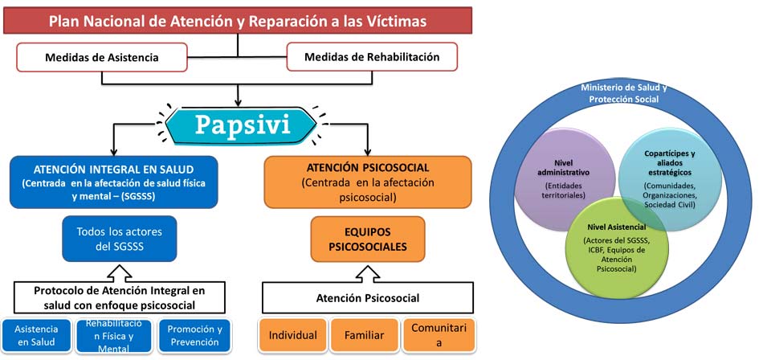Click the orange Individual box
(x=292, y=335)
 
